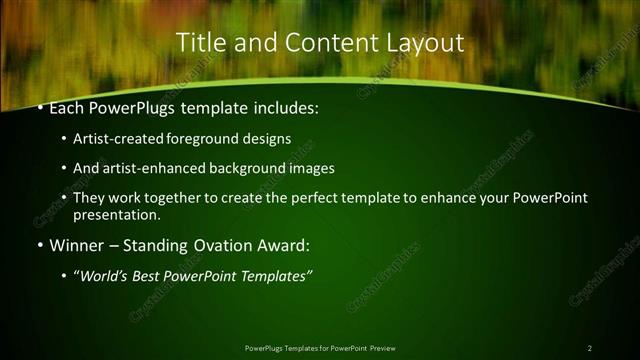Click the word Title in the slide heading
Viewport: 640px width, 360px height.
[x=198, y=43]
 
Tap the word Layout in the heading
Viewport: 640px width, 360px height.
[x=426, y=43]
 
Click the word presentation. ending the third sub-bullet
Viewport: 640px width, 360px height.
[x=116, y=215]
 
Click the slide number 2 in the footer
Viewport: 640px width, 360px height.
[x=590, y=348]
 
